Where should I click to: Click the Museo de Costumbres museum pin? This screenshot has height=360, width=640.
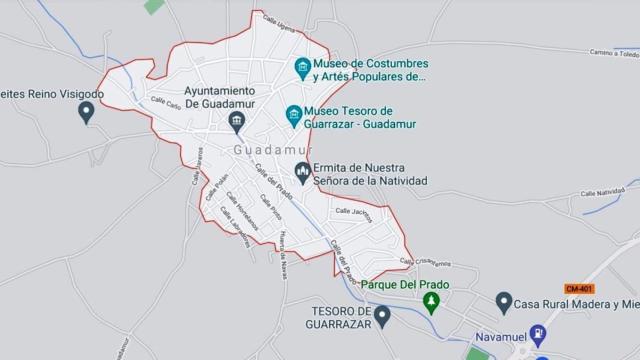(x=302, y=66)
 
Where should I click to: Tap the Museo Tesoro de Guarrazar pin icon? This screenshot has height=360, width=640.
(x=293, y=115)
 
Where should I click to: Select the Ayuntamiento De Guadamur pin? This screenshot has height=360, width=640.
(x=236, y=123)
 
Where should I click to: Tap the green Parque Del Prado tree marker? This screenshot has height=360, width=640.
(x=432, y=301)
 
